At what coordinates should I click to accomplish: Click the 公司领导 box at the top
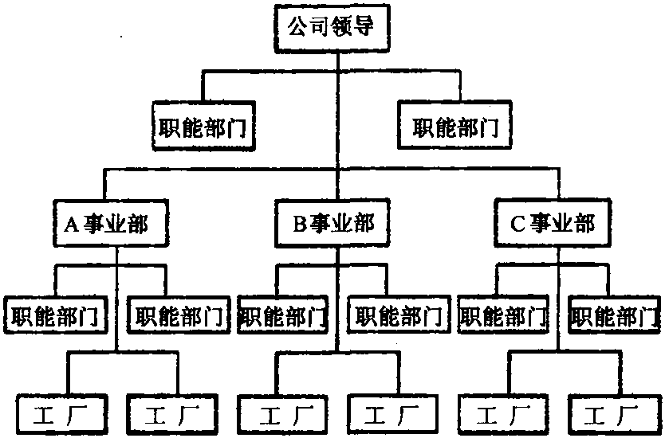click(x=332, y=30)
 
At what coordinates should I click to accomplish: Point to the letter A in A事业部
click(x=69, y=225)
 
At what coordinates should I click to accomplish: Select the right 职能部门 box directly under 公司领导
click(x=459, y=127)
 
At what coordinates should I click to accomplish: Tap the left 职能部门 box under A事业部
click(x=57, y=316)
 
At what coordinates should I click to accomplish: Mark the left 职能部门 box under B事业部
click(x=283, y=316)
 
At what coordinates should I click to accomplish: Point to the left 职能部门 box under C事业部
click(x=504, y=316)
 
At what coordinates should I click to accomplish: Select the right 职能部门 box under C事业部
click(x=616, y=316)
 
